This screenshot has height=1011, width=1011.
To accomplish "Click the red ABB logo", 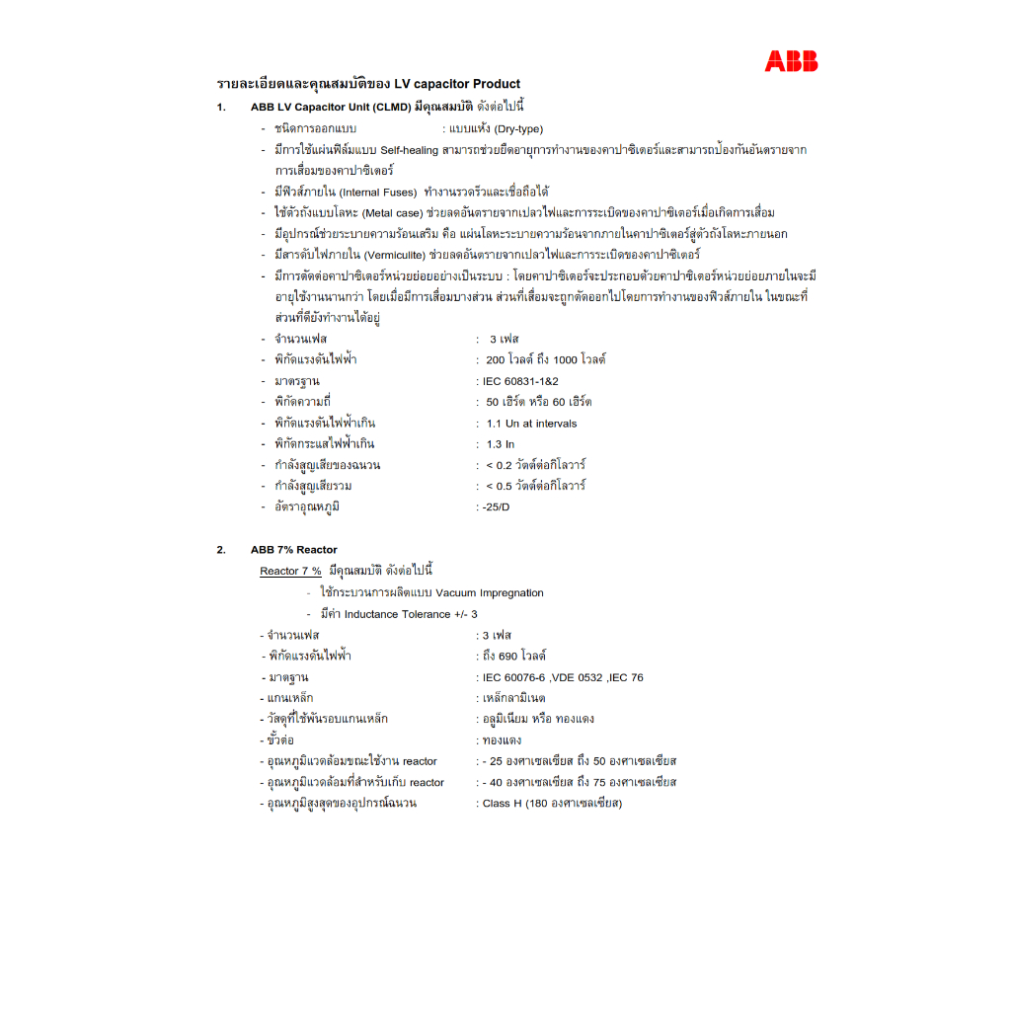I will (x=791, y=61).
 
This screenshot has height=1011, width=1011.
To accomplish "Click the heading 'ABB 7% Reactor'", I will (x=293, y=550).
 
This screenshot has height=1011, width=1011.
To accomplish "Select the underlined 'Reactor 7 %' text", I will (x=290, y=572).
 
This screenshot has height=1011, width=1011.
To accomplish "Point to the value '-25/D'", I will (x=493, y=507).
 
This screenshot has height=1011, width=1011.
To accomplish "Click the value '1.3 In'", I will (x=501, y=444).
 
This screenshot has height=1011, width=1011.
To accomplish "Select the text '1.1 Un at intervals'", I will (x=531, y=424).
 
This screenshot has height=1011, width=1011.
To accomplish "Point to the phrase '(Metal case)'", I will (x=391, y=213).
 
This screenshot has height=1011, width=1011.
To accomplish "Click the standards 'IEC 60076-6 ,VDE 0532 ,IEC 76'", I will (x=562, y=677).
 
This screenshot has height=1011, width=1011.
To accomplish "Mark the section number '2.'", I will (x=221, y=550).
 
